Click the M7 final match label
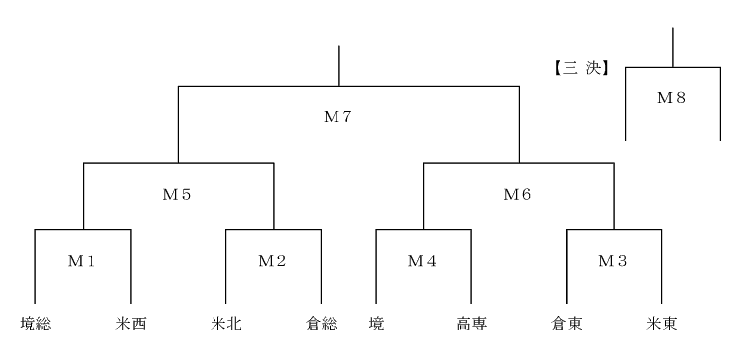click(337, 117)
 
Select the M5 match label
click(177, 194)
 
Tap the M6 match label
click(517, 194)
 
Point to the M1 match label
click(82, 261)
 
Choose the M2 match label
click(273, 261)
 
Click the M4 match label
click(422, 261)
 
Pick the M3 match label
click(613, 261)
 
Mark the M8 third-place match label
click(672, 98)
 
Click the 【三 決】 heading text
click(582, 69)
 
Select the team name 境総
click(35, 324)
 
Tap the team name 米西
click(131, 324)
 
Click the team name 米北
click(226, 324)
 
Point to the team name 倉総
click(321, 324)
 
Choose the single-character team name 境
click(376, 324)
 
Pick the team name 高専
click(471, 324)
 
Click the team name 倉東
click(567, 324)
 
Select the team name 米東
click(662, 324)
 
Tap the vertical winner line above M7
click(338, 66)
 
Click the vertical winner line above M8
click(673, 47)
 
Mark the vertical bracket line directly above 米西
click(130, 267)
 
